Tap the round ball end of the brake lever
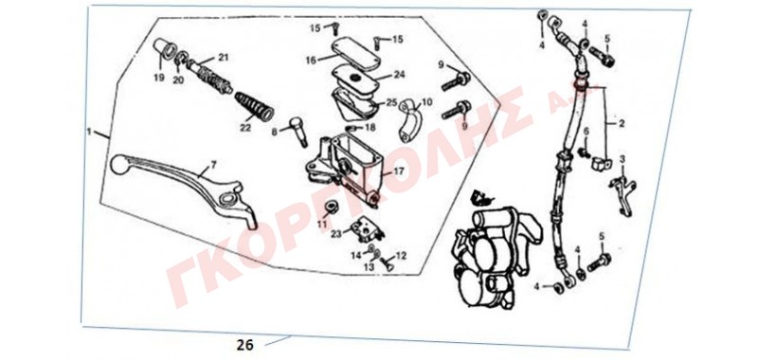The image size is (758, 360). [x=117, y=164]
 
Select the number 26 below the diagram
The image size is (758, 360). [x=245, y=345]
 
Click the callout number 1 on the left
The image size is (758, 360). [x=89, y=132]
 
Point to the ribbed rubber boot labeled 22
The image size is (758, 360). [x=254, y=106]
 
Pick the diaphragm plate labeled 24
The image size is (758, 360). [x=354, y=79]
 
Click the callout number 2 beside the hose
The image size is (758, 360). [x=622, y=124]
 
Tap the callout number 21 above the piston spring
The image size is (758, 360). [x=223, y=58]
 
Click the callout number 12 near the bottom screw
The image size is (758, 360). [x=401, y=255]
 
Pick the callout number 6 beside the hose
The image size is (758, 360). [x=586, y=132]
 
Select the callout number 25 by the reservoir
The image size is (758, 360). [x=390, y=103]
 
